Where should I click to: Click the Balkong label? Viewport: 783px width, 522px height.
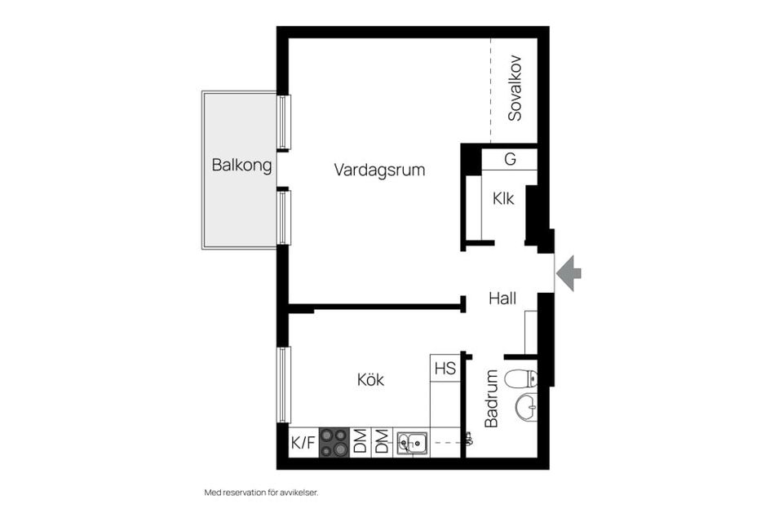pos(241,165)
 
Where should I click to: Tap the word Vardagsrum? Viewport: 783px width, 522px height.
pos(379,170)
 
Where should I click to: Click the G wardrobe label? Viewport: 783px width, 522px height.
pos(510,159)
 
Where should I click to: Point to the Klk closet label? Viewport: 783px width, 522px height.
pos(503,198)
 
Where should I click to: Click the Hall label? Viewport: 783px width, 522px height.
pos(502,299)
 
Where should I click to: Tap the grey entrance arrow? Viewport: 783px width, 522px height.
pos(568,272)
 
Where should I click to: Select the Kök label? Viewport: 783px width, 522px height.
pos(370,379)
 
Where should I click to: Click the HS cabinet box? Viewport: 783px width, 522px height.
pos(445,368)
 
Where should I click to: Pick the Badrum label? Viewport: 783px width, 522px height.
pos(492,398)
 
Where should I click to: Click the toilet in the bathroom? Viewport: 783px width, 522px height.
pos(521,378)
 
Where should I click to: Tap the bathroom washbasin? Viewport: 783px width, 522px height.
pos(526,405)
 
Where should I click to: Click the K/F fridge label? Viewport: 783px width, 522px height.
pos(303,444)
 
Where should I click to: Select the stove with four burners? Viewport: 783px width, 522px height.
pos(334,443)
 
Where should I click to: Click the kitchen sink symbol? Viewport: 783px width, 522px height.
pos(413,443)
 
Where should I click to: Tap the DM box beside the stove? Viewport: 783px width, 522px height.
pos(360,443)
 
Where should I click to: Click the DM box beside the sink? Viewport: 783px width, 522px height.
pos(381,443)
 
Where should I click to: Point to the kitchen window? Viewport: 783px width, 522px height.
pos(283,384)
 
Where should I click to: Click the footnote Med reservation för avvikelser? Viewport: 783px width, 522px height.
pos(261,493)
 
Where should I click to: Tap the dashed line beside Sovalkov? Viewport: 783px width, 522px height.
pos(490,90)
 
